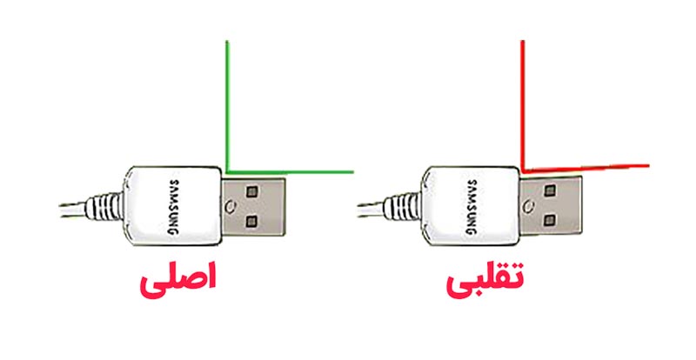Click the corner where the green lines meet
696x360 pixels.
coord(227,170)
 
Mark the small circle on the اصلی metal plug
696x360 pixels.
coord(230,207)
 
